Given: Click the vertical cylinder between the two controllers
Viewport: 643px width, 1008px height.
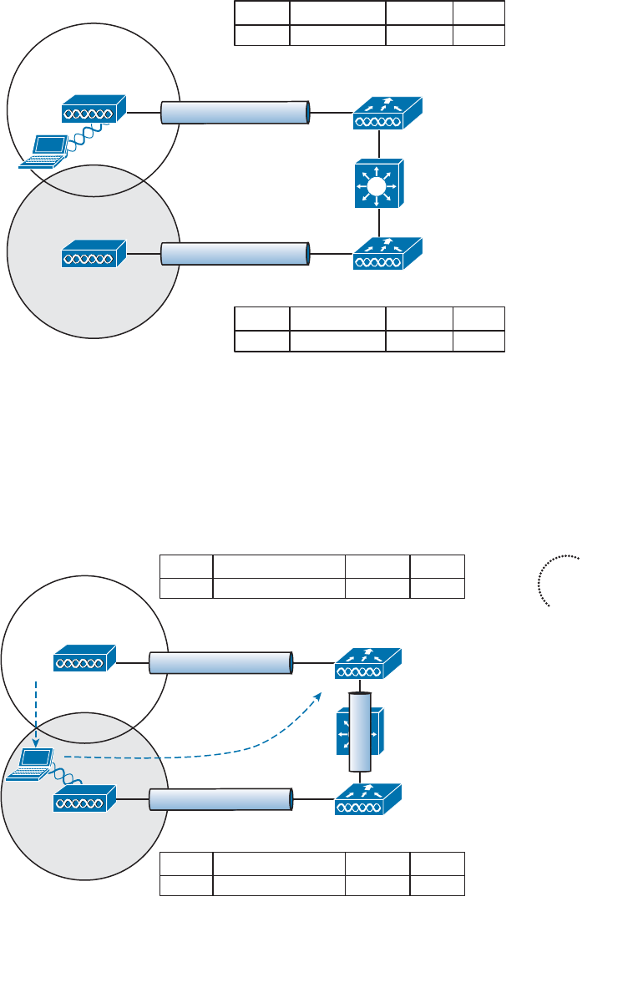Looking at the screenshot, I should point(360,732).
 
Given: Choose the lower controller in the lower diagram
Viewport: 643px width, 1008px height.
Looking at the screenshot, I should point(367,799).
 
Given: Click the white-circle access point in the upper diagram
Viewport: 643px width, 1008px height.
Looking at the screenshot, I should point(93,110).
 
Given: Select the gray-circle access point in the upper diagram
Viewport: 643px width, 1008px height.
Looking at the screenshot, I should point(93,252).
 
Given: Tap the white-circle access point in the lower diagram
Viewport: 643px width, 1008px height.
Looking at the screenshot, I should point(84,660).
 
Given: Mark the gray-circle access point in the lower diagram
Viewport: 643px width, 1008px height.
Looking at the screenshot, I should point(84,801).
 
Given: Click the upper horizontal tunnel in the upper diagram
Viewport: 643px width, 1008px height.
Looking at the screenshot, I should point(235,112).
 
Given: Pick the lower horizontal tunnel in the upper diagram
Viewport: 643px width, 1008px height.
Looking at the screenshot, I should point(235,253).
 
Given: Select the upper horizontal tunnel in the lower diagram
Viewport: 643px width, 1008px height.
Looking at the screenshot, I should point(221,662).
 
